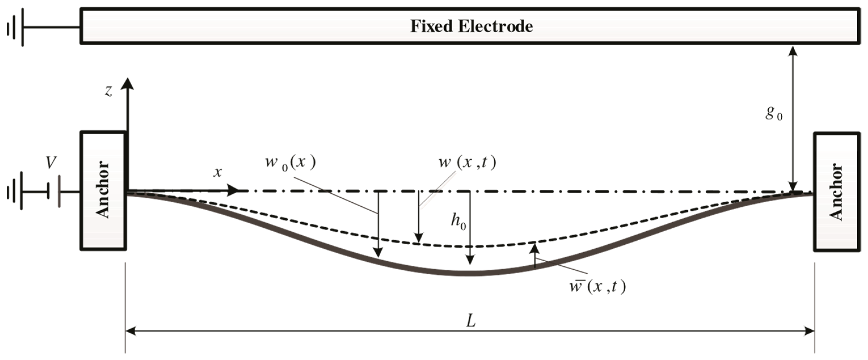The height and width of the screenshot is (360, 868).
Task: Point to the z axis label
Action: coord(109,91)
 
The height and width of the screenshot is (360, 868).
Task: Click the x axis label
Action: coord(218,172)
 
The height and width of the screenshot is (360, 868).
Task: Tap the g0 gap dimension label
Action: coord(774,113)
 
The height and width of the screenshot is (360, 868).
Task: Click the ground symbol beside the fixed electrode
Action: coord(15,27)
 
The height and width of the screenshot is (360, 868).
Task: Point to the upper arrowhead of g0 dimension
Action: coord(793,51)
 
